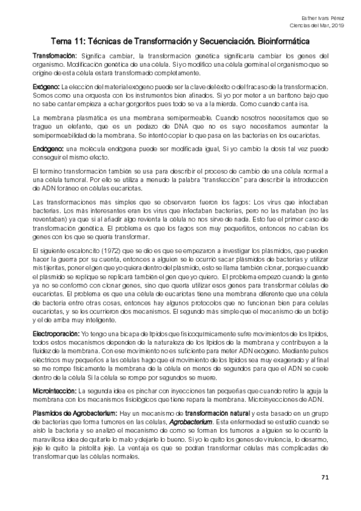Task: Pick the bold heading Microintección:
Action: [x=53, y=374]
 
